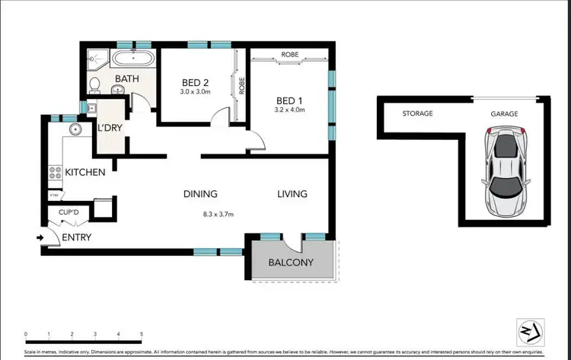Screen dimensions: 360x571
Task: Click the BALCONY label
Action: (291, 263)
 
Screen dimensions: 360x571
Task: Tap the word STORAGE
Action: (418, 113)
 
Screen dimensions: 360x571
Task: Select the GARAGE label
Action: (504, 113)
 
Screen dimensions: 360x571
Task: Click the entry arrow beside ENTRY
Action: (40, 237)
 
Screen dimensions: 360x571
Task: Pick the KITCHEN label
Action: (85, 173)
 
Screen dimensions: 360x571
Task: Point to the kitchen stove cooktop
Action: (54, 174)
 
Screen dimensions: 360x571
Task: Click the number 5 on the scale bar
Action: (142, 334)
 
